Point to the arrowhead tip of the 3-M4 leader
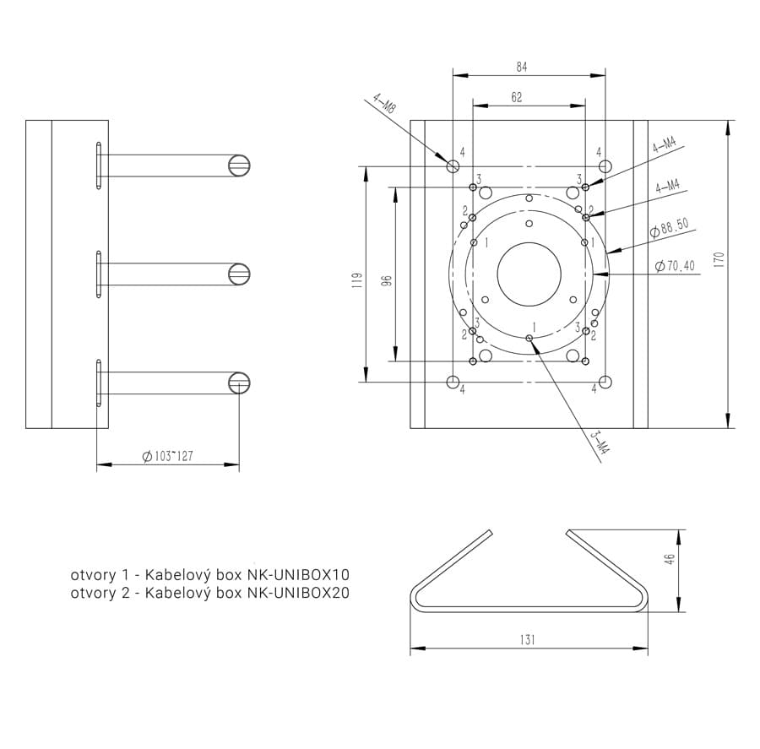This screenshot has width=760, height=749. [x=530, y=339]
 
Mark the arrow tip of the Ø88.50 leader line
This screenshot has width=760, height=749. [x=607, y=253]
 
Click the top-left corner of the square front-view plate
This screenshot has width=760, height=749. [x=410, y=120]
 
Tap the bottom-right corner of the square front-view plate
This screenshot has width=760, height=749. [x=648, y=429]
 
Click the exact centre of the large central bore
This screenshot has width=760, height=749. [x=529, y=274]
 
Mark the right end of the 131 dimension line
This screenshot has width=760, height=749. [x=648, y=649]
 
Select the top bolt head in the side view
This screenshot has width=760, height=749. [x=239, y=166]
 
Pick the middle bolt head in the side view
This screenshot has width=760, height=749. [x=239, y=274]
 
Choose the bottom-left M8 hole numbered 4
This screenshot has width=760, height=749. [x=453, y=382]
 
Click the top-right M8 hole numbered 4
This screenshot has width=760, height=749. [x=605, y=166]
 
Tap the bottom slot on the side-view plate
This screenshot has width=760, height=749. [x=99, y=383]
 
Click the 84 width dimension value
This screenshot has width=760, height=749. [x=522, y=67]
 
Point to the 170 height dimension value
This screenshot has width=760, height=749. [x=719, y=259]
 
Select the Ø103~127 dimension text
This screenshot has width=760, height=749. [x=168, y=456]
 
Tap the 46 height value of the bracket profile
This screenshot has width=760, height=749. [x=670, y=559]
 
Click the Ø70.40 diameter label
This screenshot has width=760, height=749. [x=674, y=266]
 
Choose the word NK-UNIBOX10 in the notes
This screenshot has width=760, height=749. [x=299, y=575]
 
